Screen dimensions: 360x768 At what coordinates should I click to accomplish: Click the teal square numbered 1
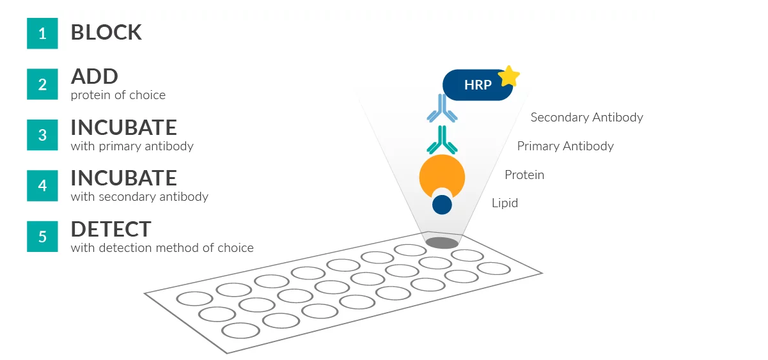point(42,33)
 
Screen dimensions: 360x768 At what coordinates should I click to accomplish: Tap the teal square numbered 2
point(42,84)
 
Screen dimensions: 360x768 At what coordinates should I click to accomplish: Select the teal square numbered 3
point(42,135)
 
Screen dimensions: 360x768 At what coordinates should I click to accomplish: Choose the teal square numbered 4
point(42,185)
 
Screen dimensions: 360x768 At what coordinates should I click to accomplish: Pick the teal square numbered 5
point(42,237)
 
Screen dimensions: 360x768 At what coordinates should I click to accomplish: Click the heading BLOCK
point(106,33)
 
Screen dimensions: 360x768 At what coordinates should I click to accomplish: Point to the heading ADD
point(95,77)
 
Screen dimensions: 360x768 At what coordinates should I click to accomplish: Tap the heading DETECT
point(111,229)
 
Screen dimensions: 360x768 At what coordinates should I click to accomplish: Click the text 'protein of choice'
point(118,95)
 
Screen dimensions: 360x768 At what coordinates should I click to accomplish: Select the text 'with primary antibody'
point(132,146)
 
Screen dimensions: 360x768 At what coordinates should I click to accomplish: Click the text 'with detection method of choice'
point(162,248)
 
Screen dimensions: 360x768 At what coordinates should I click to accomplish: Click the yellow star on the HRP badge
point(508,76)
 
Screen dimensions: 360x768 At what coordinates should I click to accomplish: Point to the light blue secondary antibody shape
point(442,109)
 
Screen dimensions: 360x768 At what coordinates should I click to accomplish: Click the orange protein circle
point(442,174)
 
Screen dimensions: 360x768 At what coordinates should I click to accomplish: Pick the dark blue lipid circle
point(442,205)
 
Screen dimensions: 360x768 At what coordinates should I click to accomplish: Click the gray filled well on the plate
point(442,243)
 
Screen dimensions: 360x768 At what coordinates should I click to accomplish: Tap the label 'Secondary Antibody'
point(586,118)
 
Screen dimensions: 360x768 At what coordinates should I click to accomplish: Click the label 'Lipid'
point(505,203)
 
